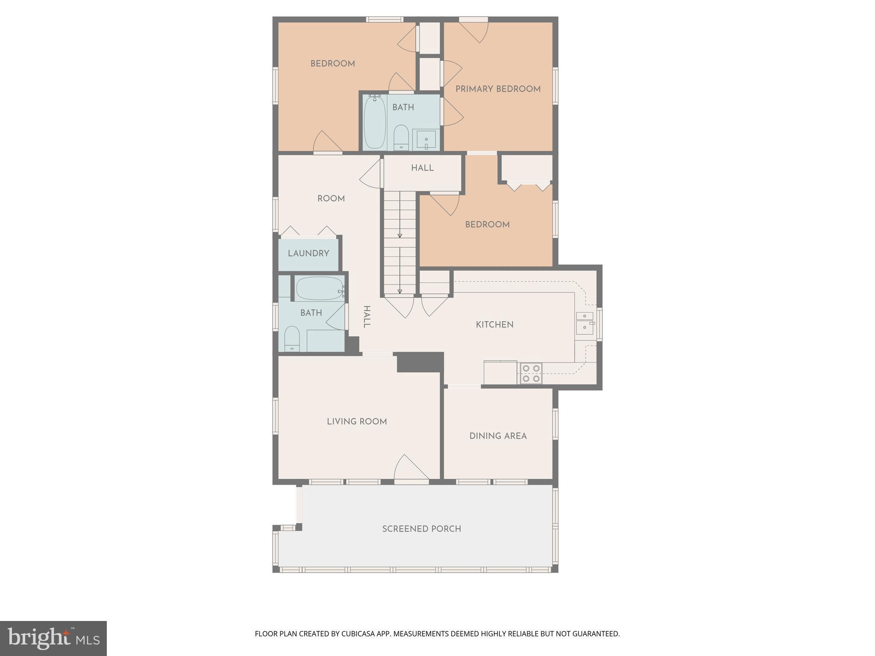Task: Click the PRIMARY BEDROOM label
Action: [498, 89]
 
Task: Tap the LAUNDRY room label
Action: [308, 253]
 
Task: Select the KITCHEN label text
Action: [494, 325]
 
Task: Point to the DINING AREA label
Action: [498, 436]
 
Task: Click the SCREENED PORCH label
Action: [421, 529]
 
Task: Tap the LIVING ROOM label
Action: [357, 422]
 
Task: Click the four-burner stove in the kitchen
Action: [531, 373]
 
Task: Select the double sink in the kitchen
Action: [584, 322]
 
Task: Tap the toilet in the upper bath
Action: [401, 137]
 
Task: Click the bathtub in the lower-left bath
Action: [320, 289]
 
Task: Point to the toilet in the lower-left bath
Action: [292, 339]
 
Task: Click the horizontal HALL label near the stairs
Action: [422, 168]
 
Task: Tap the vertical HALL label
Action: [366, 317]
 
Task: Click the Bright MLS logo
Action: [53, 638]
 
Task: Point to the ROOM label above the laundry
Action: [331, 199]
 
